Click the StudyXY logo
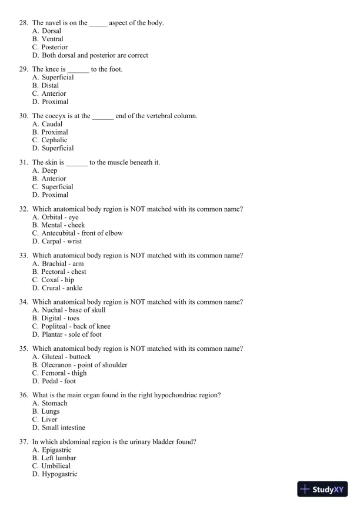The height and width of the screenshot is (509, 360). coord(323,489)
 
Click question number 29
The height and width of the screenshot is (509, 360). coord(24,69)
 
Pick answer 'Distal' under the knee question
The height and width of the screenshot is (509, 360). coord(50,86)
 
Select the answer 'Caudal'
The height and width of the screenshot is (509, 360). coord(52,124)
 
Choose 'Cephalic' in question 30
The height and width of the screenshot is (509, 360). coord(54,140)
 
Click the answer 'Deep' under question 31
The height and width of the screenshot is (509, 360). coord(49,170)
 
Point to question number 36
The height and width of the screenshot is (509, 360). coord(24,395)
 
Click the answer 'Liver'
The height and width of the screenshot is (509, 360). coord(50,420)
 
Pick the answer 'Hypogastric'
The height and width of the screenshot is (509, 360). coord(59,474)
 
